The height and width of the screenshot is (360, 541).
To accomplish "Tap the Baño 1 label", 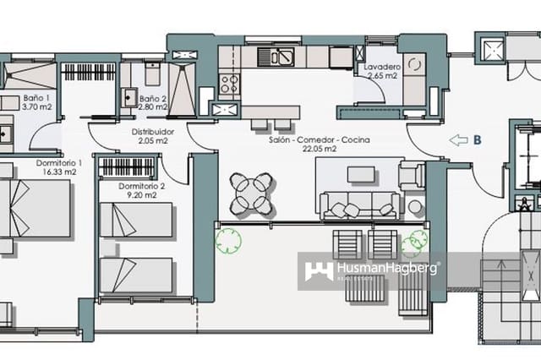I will pos(36,102).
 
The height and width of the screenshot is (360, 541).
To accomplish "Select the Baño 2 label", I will pos(153,102).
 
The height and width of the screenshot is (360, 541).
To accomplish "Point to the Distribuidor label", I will pos(153,137).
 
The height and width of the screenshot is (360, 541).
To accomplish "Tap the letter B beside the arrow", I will pos(478,140).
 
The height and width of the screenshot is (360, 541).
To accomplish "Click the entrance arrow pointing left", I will pos(457,140).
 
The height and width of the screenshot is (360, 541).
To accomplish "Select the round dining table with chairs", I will pos(252,194).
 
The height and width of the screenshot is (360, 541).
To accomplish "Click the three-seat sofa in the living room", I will pos(360,204).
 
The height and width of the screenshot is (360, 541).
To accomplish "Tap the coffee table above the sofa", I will pos(361,174).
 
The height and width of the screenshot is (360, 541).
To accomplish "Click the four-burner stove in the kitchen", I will pos(229,84).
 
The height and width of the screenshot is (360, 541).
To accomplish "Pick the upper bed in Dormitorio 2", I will pos(135,221).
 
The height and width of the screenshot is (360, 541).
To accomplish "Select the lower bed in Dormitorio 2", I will pos(135,275).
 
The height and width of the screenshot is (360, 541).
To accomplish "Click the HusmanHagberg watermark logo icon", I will pos(318,271).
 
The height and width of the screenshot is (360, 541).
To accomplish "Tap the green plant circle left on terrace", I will pos(228,241).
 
